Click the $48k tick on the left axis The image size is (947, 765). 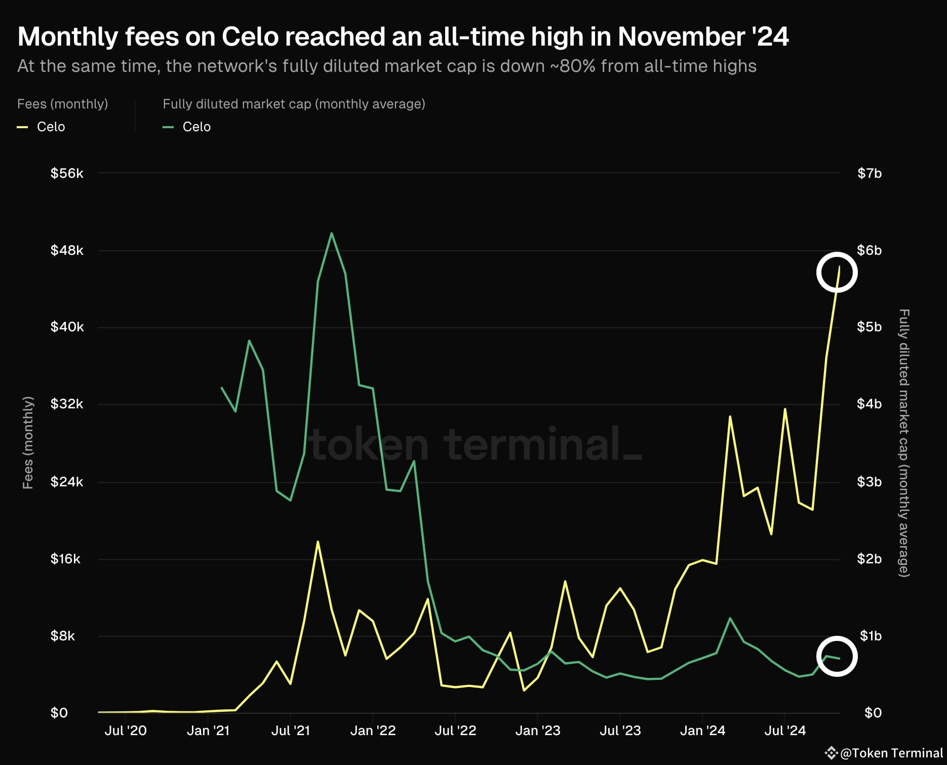coord(66,250)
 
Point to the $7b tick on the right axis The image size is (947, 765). coord(869,173)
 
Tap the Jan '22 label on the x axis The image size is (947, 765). coord(373,730)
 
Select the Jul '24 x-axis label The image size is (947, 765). coord(784,730)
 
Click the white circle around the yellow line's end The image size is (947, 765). coord(837,273)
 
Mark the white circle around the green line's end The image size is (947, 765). coord(837,656)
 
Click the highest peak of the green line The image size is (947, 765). coord(331,234)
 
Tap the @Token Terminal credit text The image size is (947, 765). coord(891,753)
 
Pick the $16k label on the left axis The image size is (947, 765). coord(65,559)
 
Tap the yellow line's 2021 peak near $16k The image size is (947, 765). coord(318,542)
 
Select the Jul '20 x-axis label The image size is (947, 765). coord(125,730)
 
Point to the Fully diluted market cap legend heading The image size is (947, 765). coord(294,104)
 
